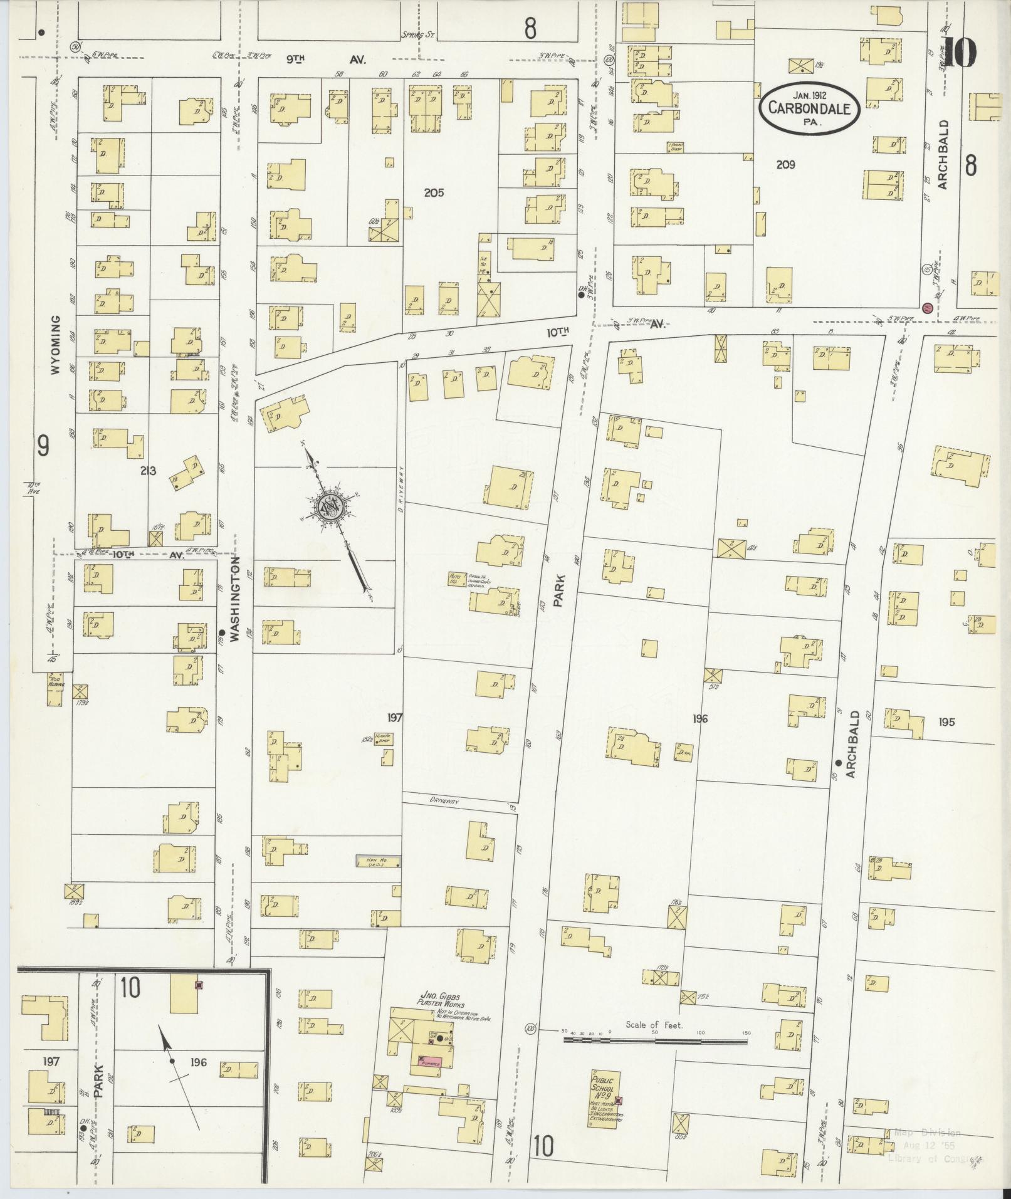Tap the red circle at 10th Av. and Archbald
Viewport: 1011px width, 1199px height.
point(926,308)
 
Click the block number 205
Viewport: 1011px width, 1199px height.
point(433,192)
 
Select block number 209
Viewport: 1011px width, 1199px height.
point(785,164)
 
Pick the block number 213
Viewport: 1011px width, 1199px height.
point(149,471)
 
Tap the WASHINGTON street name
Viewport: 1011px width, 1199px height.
point(234,599)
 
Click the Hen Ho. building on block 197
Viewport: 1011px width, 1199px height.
point(378,861)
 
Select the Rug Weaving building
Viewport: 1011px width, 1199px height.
point(55,689)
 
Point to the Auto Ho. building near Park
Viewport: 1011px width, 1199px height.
point(454,577)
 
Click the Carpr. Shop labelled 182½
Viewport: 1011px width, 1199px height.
point(383,738)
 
